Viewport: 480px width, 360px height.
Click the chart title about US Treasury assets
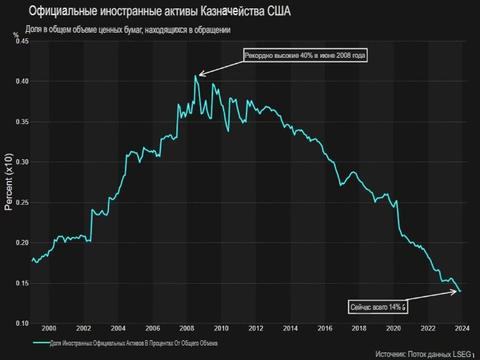(x=148, y=11)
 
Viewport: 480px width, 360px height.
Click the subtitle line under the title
(x=127, y=29)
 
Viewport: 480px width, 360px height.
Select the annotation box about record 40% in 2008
(x=305, y=56)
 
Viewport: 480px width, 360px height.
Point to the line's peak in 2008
(x=195, y=75)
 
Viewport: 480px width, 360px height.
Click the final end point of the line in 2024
(x=460, y=292)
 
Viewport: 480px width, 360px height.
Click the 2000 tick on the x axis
(x=49, y=329)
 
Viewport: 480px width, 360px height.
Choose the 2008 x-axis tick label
(x=186, y=329)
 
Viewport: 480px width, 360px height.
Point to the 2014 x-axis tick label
(x=290, y=329)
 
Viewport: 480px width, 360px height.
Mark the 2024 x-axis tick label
(x=462, y=329)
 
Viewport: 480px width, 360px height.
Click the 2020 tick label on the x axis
(x=393, y=329)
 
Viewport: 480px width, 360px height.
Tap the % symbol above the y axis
(x=14, y=34)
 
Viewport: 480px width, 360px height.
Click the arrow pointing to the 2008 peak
(x=221, y=66)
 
